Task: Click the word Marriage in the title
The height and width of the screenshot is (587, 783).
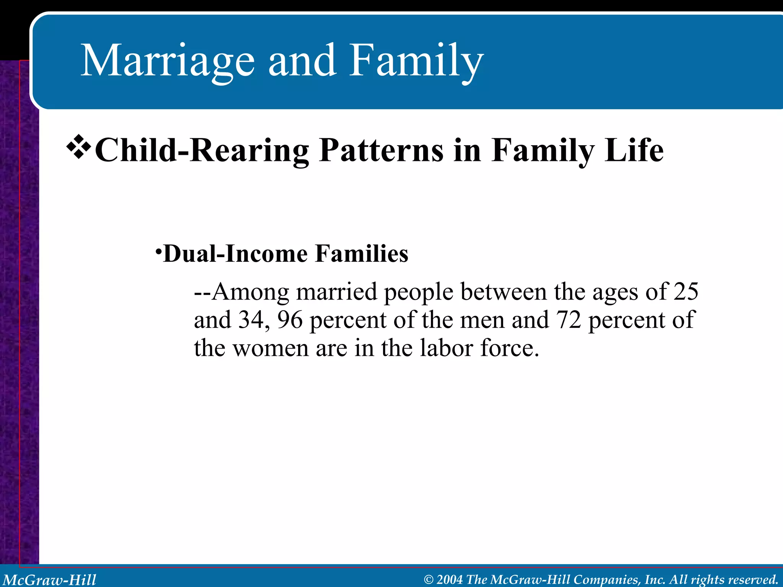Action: pos(167,61)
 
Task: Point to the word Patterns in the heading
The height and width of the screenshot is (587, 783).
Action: pos(381,151)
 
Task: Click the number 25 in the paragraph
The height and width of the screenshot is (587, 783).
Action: pos(686,292)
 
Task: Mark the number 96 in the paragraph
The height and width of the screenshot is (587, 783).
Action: pos(290,320)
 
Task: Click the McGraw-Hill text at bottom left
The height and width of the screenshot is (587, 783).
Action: pos(50,580)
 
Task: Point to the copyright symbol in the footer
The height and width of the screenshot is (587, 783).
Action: pos(429,580)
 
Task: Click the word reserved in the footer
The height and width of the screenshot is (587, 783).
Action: pos(753,580)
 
